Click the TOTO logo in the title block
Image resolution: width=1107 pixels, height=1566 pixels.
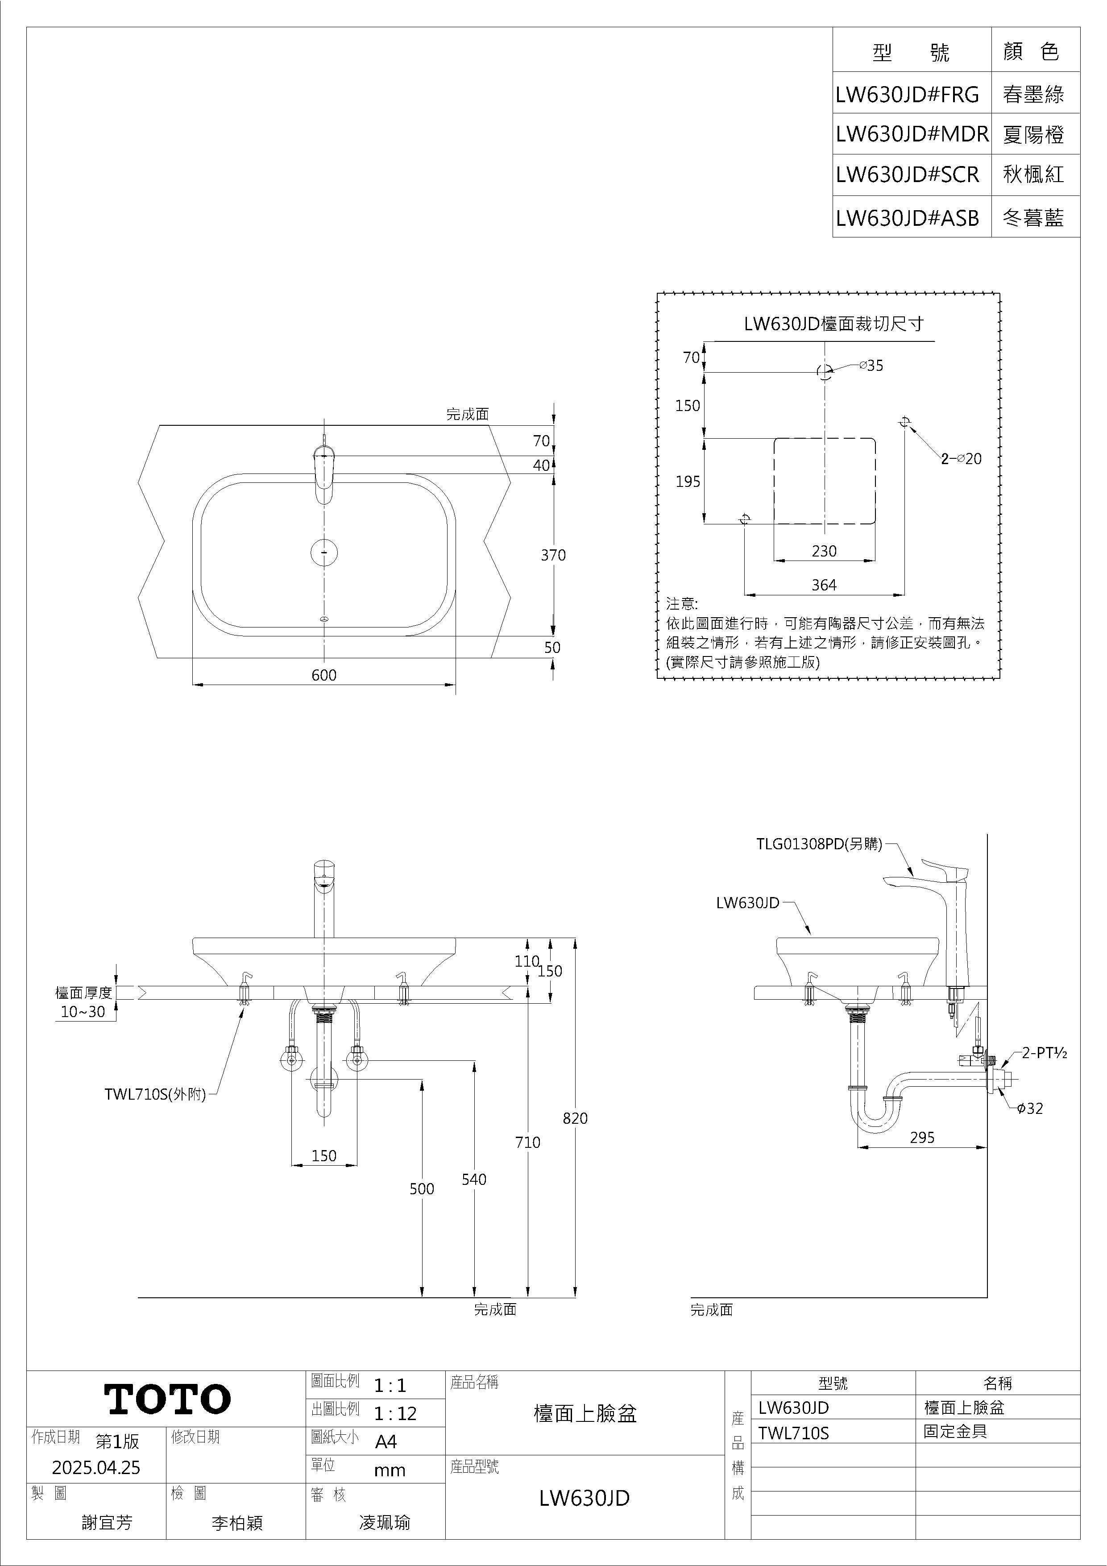pos(168,1399)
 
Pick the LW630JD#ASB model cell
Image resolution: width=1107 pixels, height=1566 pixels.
pos(907,218)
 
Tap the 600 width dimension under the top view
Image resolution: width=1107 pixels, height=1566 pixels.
pos(324,674)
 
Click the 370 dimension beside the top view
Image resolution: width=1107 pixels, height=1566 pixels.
pos(553,555)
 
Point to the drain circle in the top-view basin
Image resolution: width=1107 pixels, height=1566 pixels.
pos(325,551)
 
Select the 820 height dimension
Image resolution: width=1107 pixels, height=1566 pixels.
pos(575,1118)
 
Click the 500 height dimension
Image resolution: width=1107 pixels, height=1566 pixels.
pos(422,1189)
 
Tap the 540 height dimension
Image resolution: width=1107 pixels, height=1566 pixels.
pos(474,1179)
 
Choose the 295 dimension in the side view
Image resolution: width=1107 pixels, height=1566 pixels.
pos(922,1137)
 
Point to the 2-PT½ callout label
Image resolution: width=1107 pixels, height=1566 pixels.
pos(1044,1052)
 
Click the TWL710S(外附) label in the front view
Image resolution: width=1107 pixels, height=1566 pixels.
pos(155,1095)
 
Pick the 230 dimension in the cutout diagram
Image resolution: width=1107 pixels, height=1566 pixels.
pos(824,550)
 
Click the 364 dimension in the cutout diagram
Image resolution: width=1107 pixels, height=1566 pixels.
pos(824,585)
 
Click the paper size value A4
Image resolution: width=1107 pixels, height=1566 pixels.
pos(386,1441)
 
